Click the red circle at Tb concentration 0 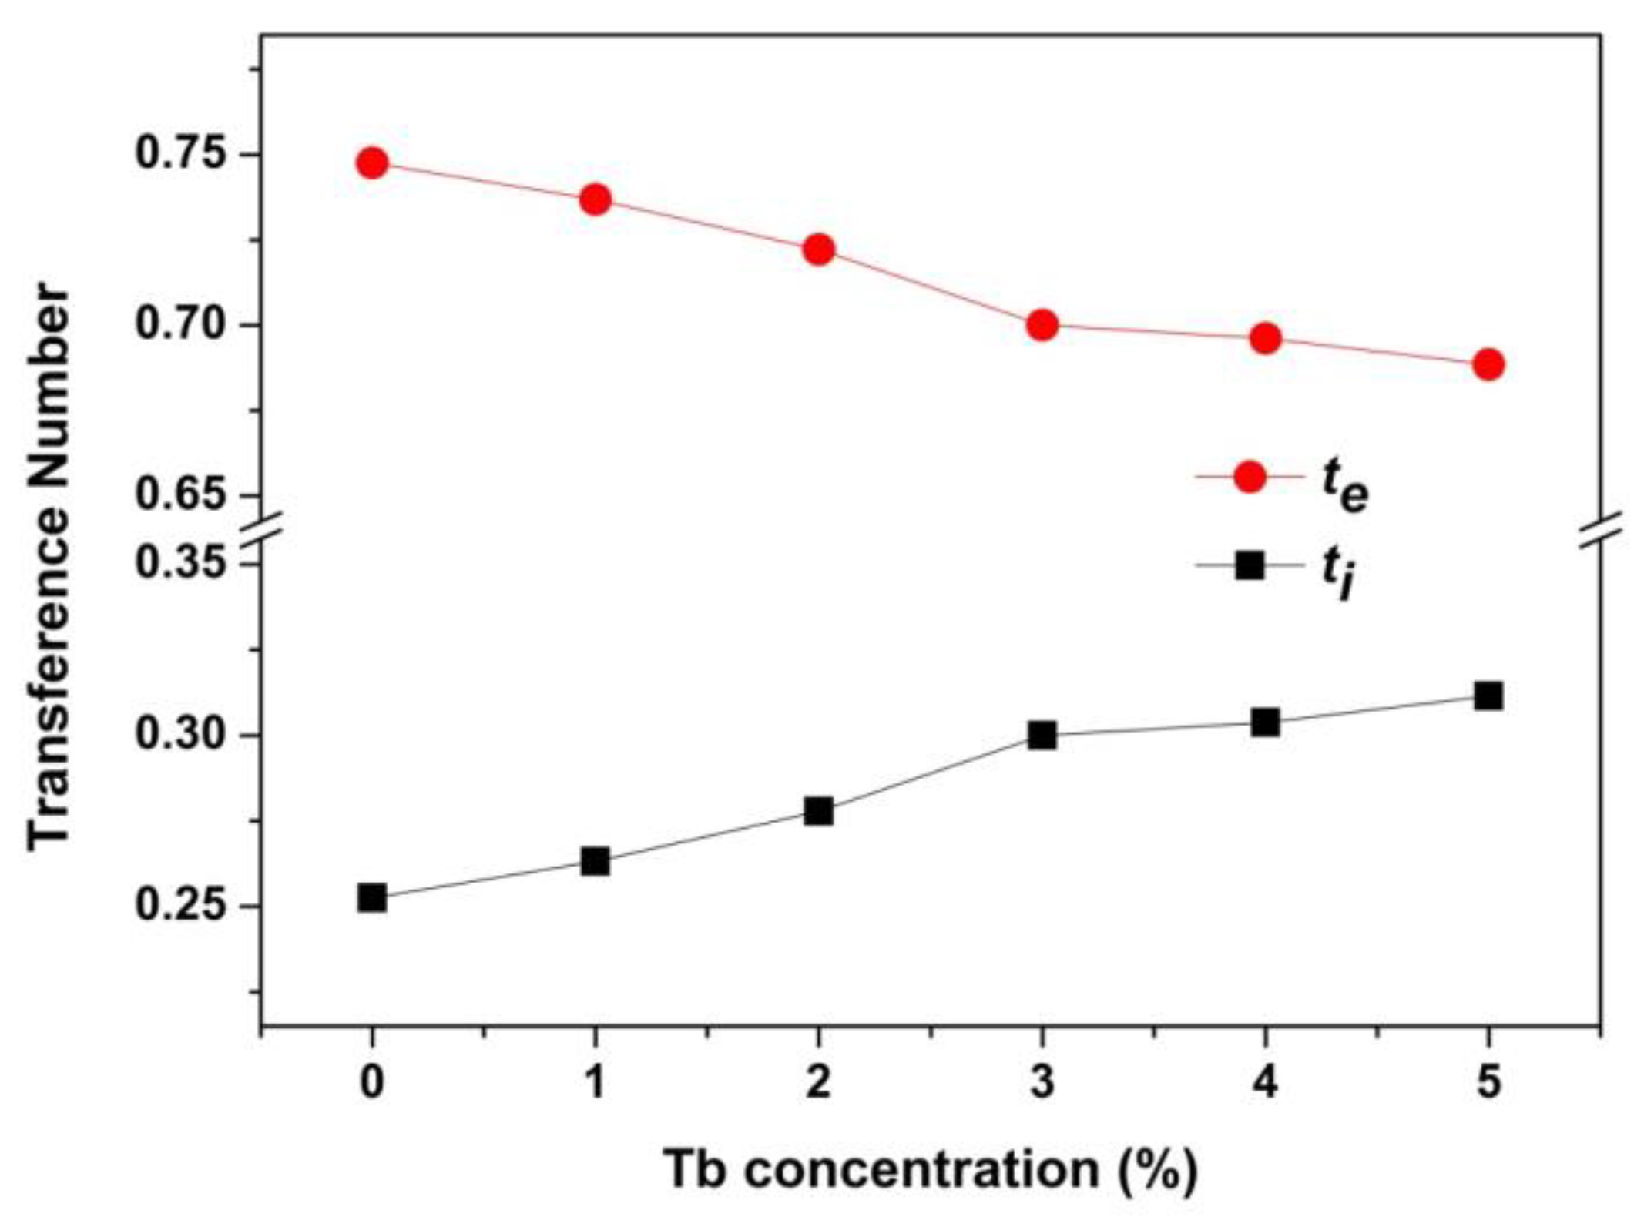[x=372, y=163]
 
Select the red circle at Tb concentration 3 [x=1042, y=324]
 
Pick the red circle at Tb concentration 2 [x=818, y=250]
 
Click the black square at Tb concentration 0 [x=372, y=897]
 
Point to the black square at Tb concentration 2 [x=818, y=811]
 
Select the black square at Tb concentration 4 [x=1265, y=722]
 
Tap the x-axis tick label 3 [x=1042, y=1083]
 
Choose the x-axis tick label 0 [x=372, y=1083]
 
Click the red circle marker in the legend [x=1250, y=476]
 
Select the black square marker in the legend [x=1250, y=566]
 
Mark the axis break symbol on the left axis [x=261, y=531]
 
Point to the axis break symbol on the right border [x=1601, y=531]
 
